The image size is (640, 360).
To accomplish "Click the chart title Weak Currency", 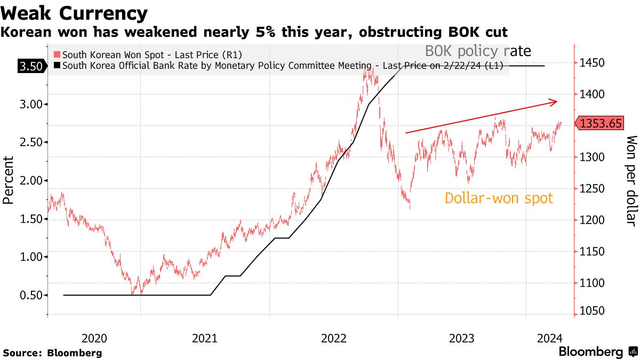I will [75, 13].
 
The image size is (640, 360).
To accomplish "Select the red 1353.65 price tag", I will [601, 124].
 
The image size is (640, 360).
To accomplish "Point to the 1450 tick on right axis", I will [591, 63].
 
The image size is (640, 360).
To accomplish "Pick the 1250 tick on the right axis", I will [591, 188].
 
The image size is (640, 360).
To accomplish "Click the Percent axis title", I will [8, 180].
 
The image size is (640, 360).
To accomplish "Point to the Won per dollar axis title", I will [631, 180].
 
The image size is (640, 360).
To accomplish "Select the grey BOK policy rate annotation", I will [478, 52].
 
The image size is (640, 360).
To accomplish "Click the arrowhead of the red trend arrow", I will [555, 101].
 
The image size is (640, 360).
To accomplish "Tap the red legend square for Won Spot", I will [57, 54].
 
